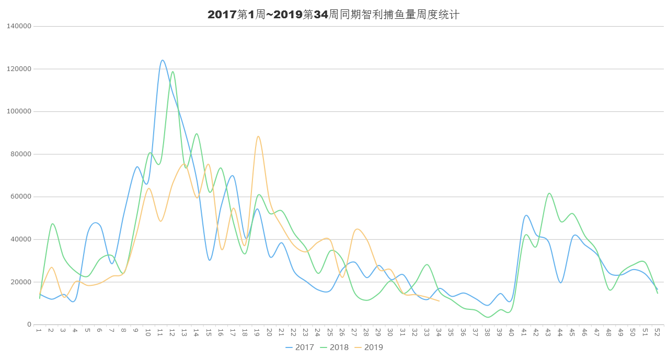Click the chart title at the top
pos(333,15)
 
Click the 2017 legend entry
pos(300,347)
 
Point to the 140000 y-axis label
pos(20,26)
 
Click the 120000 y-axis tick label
pos(20,69)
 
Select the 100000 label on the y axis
pos(20,112)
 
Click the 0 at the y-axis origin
pos(30,324)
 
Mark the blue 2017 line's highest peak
pos(162,61)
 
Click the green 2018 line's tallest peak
pos(172,72)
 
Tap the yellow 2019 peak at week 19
pos(258,136)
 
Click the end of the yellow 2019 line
pos(440,301)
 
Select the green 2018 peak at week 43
pos(549,193)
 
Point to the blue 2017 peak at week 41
pos(526,215)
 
